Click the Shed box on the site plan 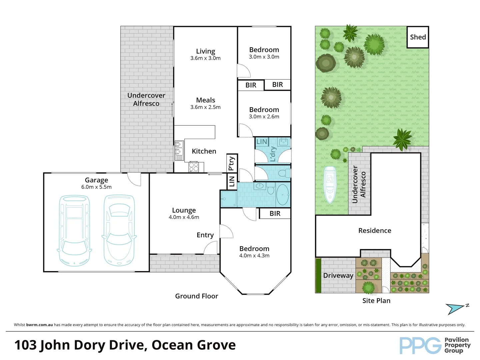coord(418,37)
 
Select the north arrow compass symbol coord(457,309)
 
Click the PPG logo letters coord(420,345)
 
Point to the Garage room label coord(96,180)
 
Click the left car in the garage coord(74,230)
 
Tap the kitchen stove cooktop coord(194,167)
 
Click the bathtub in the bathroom coord(283,195)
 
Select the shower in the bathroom coord(229,199)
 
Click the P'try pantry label coord(232,163)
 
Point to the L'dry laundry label coord(273,154)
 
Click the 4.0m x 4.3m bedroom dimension coord(254,256)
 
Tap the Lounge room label coord(184,210)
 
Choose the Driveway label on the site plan coord(338,275)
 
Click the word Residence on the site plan coord(375,230)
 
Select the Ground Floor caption coord(197,296)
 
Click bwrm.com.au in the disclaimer coord(39,325)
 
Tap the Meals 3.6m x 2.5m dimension coord(205,107)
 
